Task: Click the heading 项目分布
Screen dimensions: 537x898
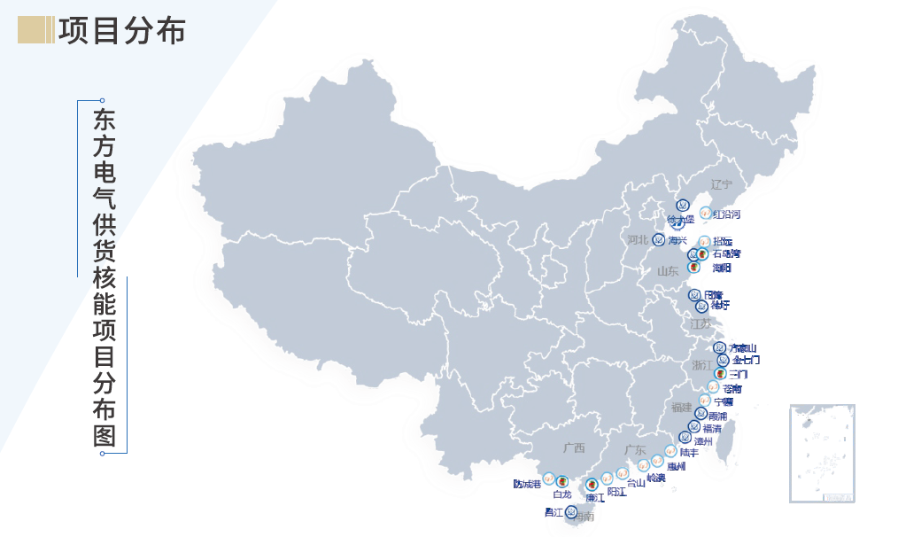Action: (121, 30)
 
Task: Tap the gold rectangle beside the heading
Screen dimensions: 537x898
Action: (35, 30)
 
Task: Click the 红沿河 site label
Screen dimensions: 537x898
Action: (726, 214)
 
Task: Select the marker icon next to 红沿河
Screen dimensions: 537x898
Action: (705, 213)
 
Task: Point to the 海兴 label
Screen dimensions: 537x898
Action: (678, 240)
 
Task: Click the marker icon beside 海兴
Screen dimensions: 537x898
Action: (659, 239)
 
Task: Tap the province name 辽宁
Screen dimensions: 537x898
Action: (722, 185)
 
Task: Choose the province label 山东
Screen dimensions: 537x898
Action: (667, 271)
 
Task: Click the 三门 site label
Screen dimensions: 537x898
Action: (738, 375)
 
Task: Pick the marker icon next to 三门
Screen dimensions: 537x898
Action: (720, 374)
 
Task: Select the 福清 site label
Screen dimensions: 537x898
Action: (711, 428)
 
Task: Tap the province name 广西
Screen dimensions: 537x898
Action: (574, 448)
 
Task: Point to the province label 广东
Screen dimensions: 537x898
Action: (634, 450)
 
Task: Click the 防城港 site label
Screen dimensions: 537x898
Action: (526, 484)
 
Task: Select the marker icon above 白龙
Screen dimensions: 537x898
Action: (561, 480)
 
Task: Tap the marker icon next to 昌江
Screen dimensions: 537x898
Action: (571, 511)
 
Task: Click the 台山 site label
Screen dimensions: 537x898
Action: (636, 483)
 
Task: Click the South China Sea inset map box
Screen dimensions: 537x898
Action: (823, 454)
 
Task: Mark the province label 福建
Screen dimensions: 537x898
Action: (681, 408)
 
